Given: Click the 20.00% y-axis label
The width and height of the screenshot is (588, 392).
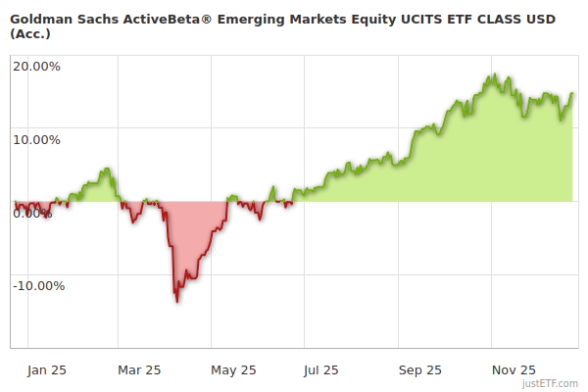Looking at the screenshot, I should (36, 67).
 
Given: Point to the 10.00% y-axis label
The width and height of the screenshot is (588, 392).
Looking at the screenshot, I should (36, 139).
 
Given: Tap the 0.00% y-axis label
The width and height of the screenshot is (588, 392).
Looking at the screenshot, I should (34, 213).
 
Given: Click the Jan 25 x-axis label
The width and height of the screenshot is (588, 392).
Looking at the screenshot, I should (46, 369).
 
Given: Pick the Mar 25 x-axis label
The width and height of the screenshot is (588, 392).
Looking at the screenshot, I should (139, 369).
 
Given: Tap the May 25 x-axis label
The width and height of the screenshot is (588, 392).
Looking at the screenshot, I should (233, 369).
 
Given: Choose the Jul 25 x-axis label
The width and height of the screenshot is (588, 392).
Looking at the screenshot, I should (321, 369).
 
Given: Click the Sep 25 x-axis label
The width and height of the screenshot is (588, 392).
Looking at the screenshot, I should (419, 369).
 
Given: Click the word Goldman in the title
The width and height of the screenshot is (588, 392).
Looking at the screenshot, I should (40, 17).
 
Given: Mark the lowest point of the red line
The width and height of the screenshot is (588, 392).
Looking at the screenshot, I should (176, 301).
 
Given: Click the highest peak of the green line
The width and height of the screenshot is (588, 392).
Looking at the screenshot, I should (496, 74).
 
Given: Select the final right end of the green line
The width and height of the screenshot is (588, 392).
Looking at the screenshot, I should (572, 94).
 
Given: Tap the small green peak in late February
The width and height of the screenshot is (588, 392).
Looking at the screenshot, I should (107, 170).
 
